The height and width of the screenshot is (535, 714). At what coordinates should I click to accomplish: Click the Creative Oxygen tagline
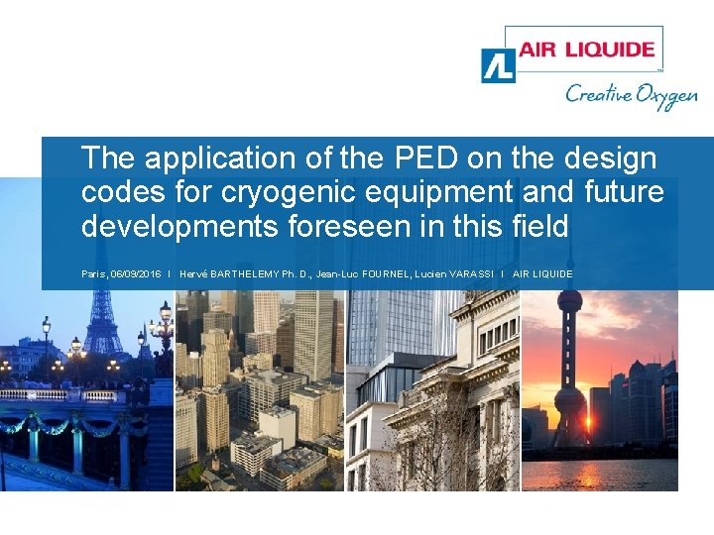pos(631,95)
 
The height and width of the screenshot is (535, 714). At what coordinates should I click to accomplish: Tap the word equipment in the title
pos(454,193)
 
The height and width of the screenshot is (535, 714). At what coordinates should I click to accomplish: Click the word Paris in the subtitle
pos(93,273)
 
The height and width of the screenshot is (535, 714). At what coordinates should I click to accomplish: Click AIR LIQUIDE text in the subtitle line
pos(543,273)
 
